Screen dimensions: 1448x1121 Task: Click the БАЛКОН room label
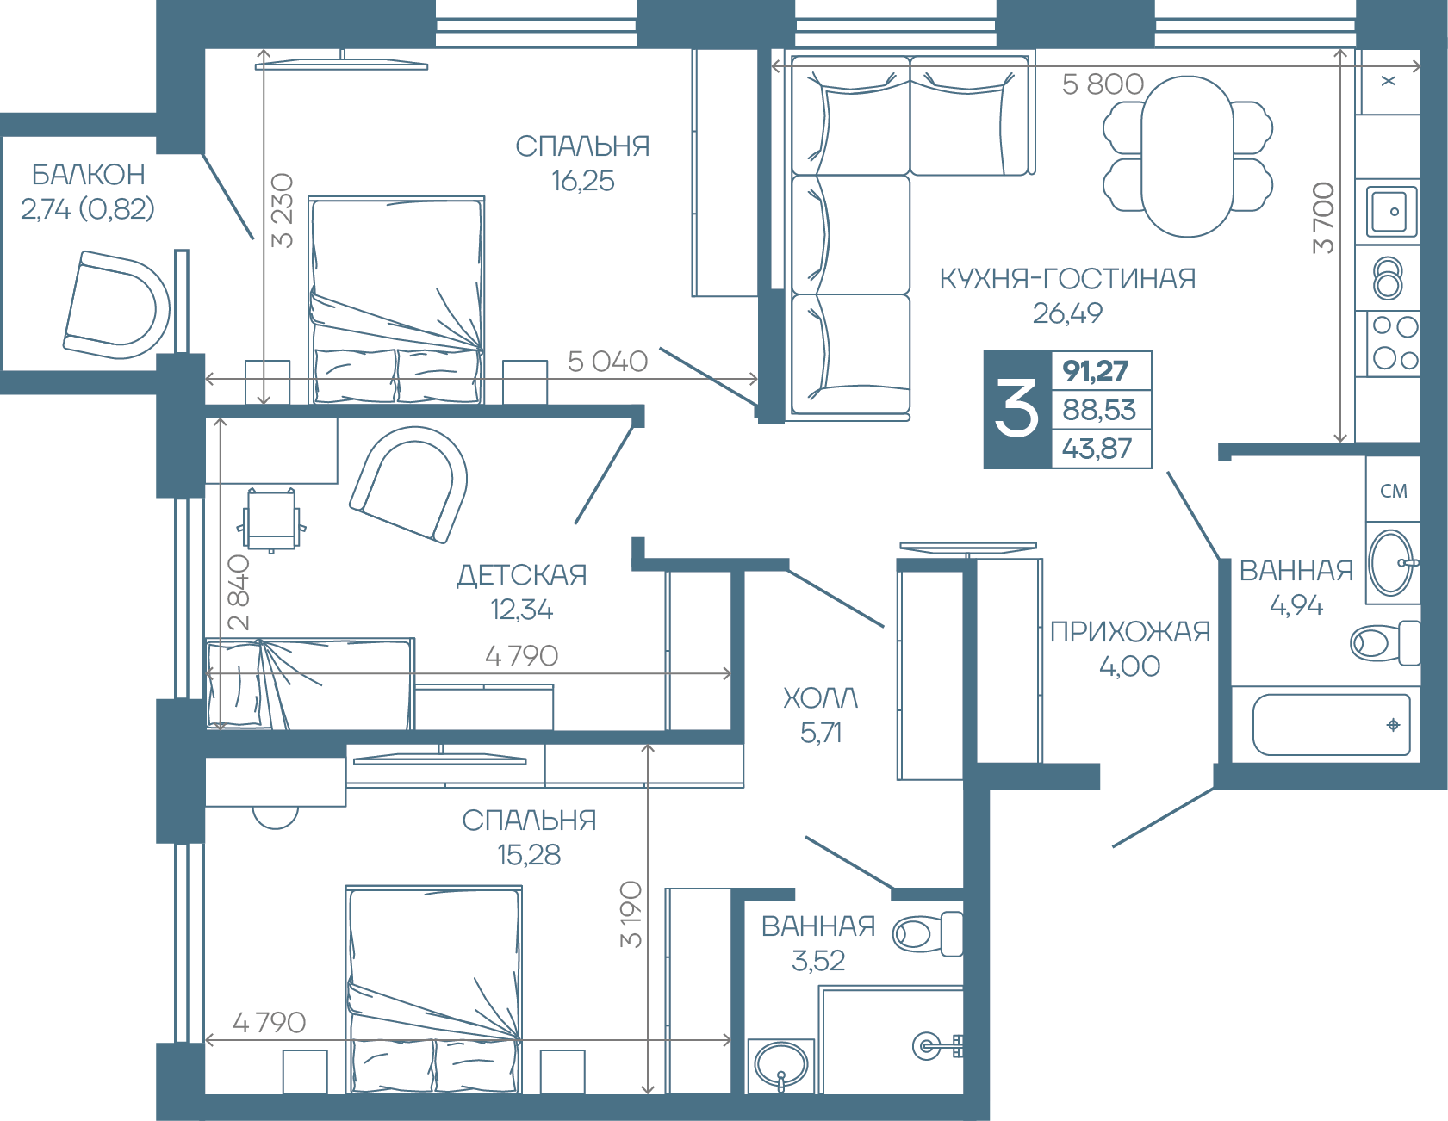(88, 175)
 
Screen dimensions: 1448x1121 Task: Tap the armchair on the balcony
(117, 304)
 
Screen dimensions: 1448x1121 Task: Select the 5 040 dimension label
(607, 362)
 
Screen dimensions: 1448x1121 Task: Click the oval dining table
(1187, 157)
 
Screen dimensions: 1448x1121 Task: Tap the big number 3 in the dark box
(1016, 410)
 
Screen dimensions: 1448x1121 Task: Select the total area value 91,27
(1096, 371)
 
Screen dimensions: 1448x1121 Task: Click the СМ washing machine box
(1393, 490)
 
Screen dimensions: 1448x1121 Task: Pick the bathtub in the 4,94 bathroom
(1331, 725)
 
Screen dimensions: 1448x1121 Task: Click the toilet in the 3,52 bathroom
(927, 933)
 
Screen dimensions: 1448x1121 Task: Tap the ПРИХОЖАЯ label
(1130, 632)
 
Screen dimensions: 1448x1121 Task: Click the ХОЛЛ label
(820, 698)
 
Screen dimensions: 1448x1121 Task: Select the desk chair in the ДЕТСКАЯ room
(272, 520)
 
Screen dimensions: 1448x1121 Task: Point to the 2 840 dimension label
(239, 592)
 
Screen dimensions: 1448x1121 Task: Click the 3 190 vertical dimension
(631, 914)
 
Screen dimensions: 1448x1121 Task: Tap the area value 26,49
(1067, 313)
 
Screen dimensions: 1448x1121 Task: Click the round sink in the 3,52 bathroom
(781, 1065)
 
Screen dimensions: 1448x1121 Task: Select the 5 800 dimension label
(1103, 84)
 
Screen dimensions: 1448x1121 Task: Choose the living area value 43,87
(1097, 449)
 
